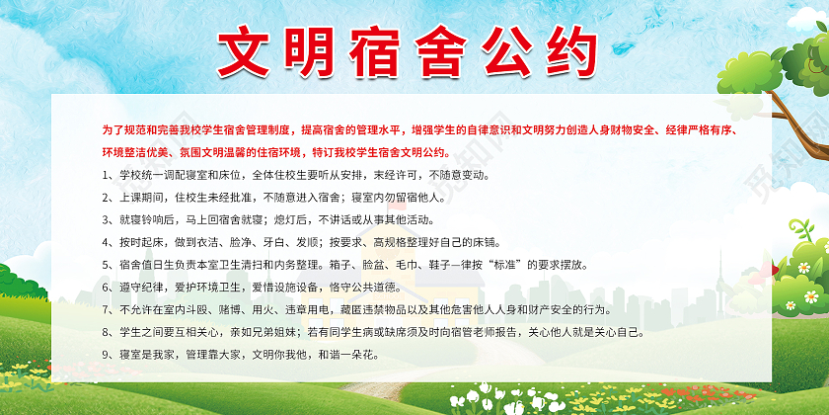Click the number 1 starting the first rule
106,175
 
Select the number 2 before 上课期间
106,198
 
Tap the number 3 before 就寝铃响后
106,219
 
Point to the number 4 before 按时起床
106,242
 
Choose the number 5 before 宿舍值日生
106,265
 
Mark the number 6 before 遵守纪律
106,288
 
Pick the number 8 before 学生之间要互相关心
106,332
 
